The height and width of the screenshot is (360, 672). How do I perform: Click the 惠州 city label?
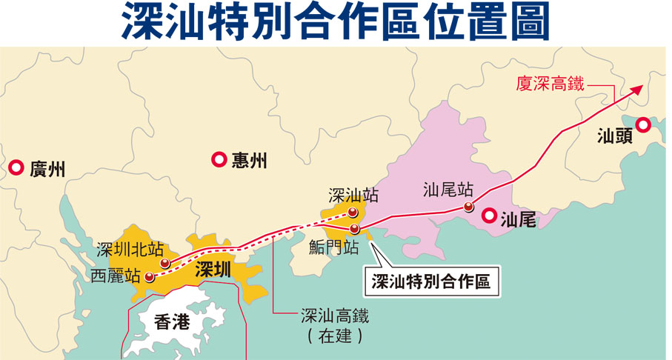(x=248, y=160)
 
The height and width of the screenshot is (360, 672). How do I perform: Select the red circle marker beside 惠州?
(x=219, y=159)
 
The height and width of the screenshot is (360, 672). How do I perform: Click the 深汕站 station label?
(x=353, y=196)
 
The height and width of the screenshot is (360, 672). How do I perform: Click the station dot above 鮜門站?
(x=355, y=229)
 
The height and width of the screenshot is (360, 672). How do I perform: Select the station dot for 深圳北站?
(x=165, y=263)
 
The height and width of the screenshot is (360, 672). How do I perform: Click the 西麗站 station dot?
(x=150, y=278)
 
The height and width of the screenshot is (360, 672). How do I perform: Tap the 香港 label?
(x=172, y=321)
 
